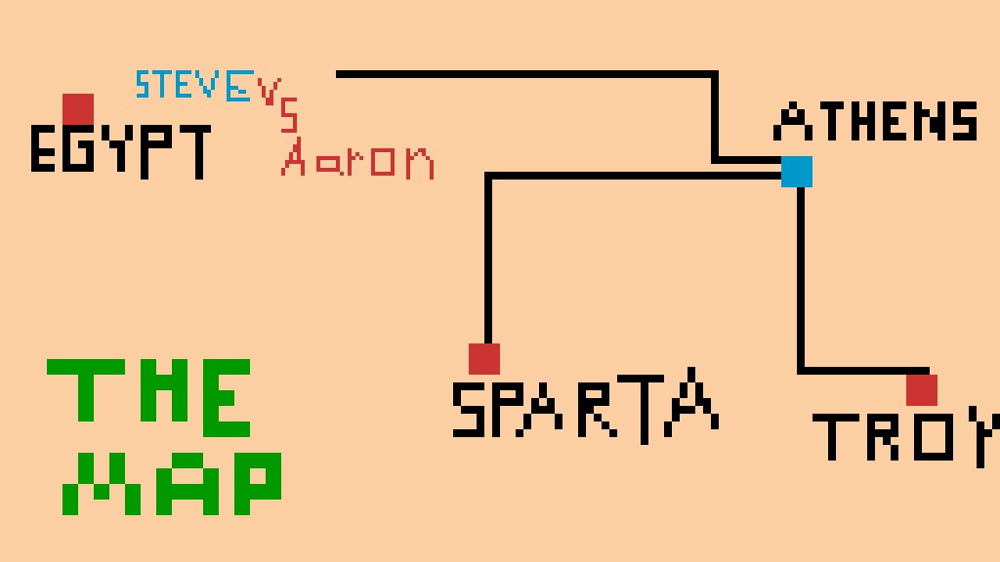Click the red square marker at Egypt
point(78,108)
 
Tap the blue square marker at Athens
point(797,172)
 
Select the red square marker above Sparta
point(484,359)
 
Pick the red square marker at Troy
point(922,390)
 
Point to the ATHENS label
point(875,122)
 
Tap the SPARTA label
point(584,405)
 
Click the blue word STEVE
point(193,86)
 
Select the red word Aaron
point(357,159)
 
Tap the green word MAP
point(172,485)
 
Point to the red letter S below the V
point(289,117)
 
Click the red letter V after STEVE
point(269,89)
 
